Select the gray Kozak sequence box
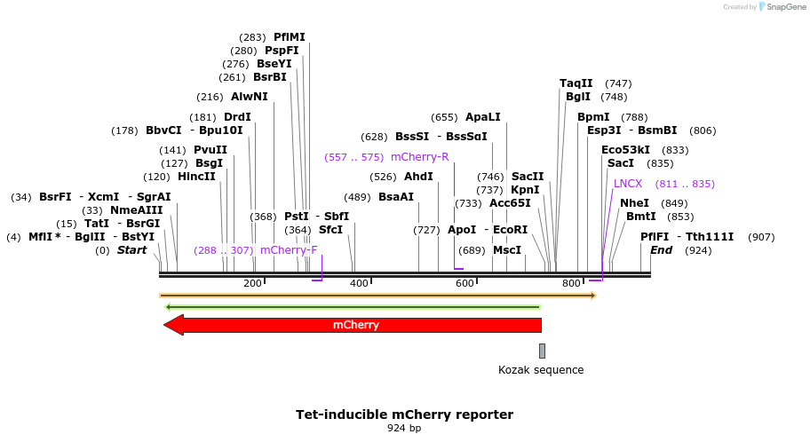click(x=542, y=351)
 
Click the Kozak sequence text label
click(x=541, y=370)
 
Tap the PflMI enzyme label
click(x=290, y=37)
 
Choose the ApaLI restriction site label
click(x=483, y=117)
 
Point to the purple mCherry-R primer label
click(x=420, y=157)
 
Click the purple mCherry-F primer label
click(x=289, y=250)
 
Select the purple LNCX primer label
click(x=628, y=184)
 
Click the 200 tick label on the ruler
click(x=252, y=283)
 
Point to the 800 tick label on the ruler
click(x=572, y=283)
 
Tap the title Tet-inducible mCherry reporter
click(x=404, y=414)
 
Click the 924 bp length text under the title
click(x=404, y=429)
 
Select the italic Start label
click(x=131, y=250)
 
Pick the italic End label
click(x=662, y=250)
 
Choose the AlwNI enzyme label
click(x=250, y=97)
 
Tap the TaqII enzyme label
click(x=576, y=83)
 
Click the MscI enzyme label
click(x=507, y=250)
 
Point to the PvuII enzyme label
click(x=210, y=150)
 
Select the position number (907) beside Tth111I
click(x=762, y=237)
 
